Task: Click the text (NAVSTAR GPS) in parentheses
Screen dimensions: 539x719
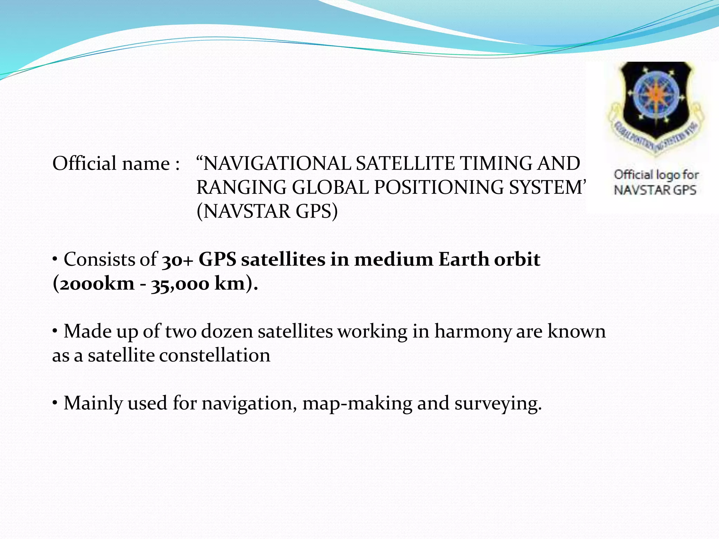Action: [267, 211]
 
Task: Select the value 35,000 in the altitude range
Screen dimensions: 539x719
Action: [180, 284]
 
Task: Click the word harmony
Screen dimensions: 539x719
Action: [473, 332]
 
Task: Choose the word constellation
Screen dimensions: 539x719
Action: [215, 355]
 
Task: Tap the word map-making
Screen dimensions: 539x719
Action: [357, 404]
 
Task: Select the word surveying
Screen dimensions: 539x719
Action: [498, 404]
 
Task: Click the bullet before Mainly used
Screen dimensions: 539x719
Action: [55, 403]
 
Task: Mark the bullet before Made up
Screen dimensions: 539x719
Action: [55, 331]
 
